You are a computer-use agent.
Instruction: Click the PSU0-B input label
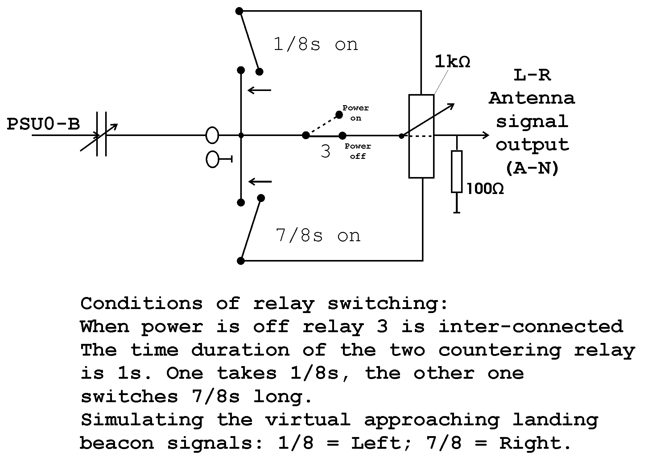(43, 124)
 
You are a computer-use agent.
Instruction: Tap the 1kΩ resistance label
(452, 62)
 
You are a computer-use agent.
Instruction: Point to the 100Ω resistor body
(457, 171)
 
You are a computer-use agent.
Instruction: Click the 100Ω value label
(485, 189)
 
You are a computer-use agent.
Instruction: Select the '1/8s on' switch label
(316, 45)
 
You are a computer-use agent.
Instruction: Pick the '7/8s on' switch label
(318, 236)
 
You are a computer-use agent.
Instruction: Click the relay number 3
(325, 152)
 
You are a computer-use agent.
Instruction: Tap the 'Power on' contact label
(356, 113)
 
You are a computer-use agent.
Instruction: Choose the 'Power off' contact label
(358, 151)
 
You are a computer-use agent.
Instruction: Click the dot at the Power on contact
(339, 115)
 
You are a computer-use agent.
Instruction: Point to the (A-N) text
(532, 168)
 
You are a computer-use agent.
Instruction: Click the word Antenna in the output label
(532, 98)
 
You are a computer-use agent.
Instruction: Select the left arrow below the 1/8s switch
(259, 90)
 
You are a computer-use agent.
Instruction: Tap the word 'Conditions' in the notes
(142, 303)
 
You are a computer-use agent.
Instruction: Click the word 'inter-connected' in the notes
(530, 327)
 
